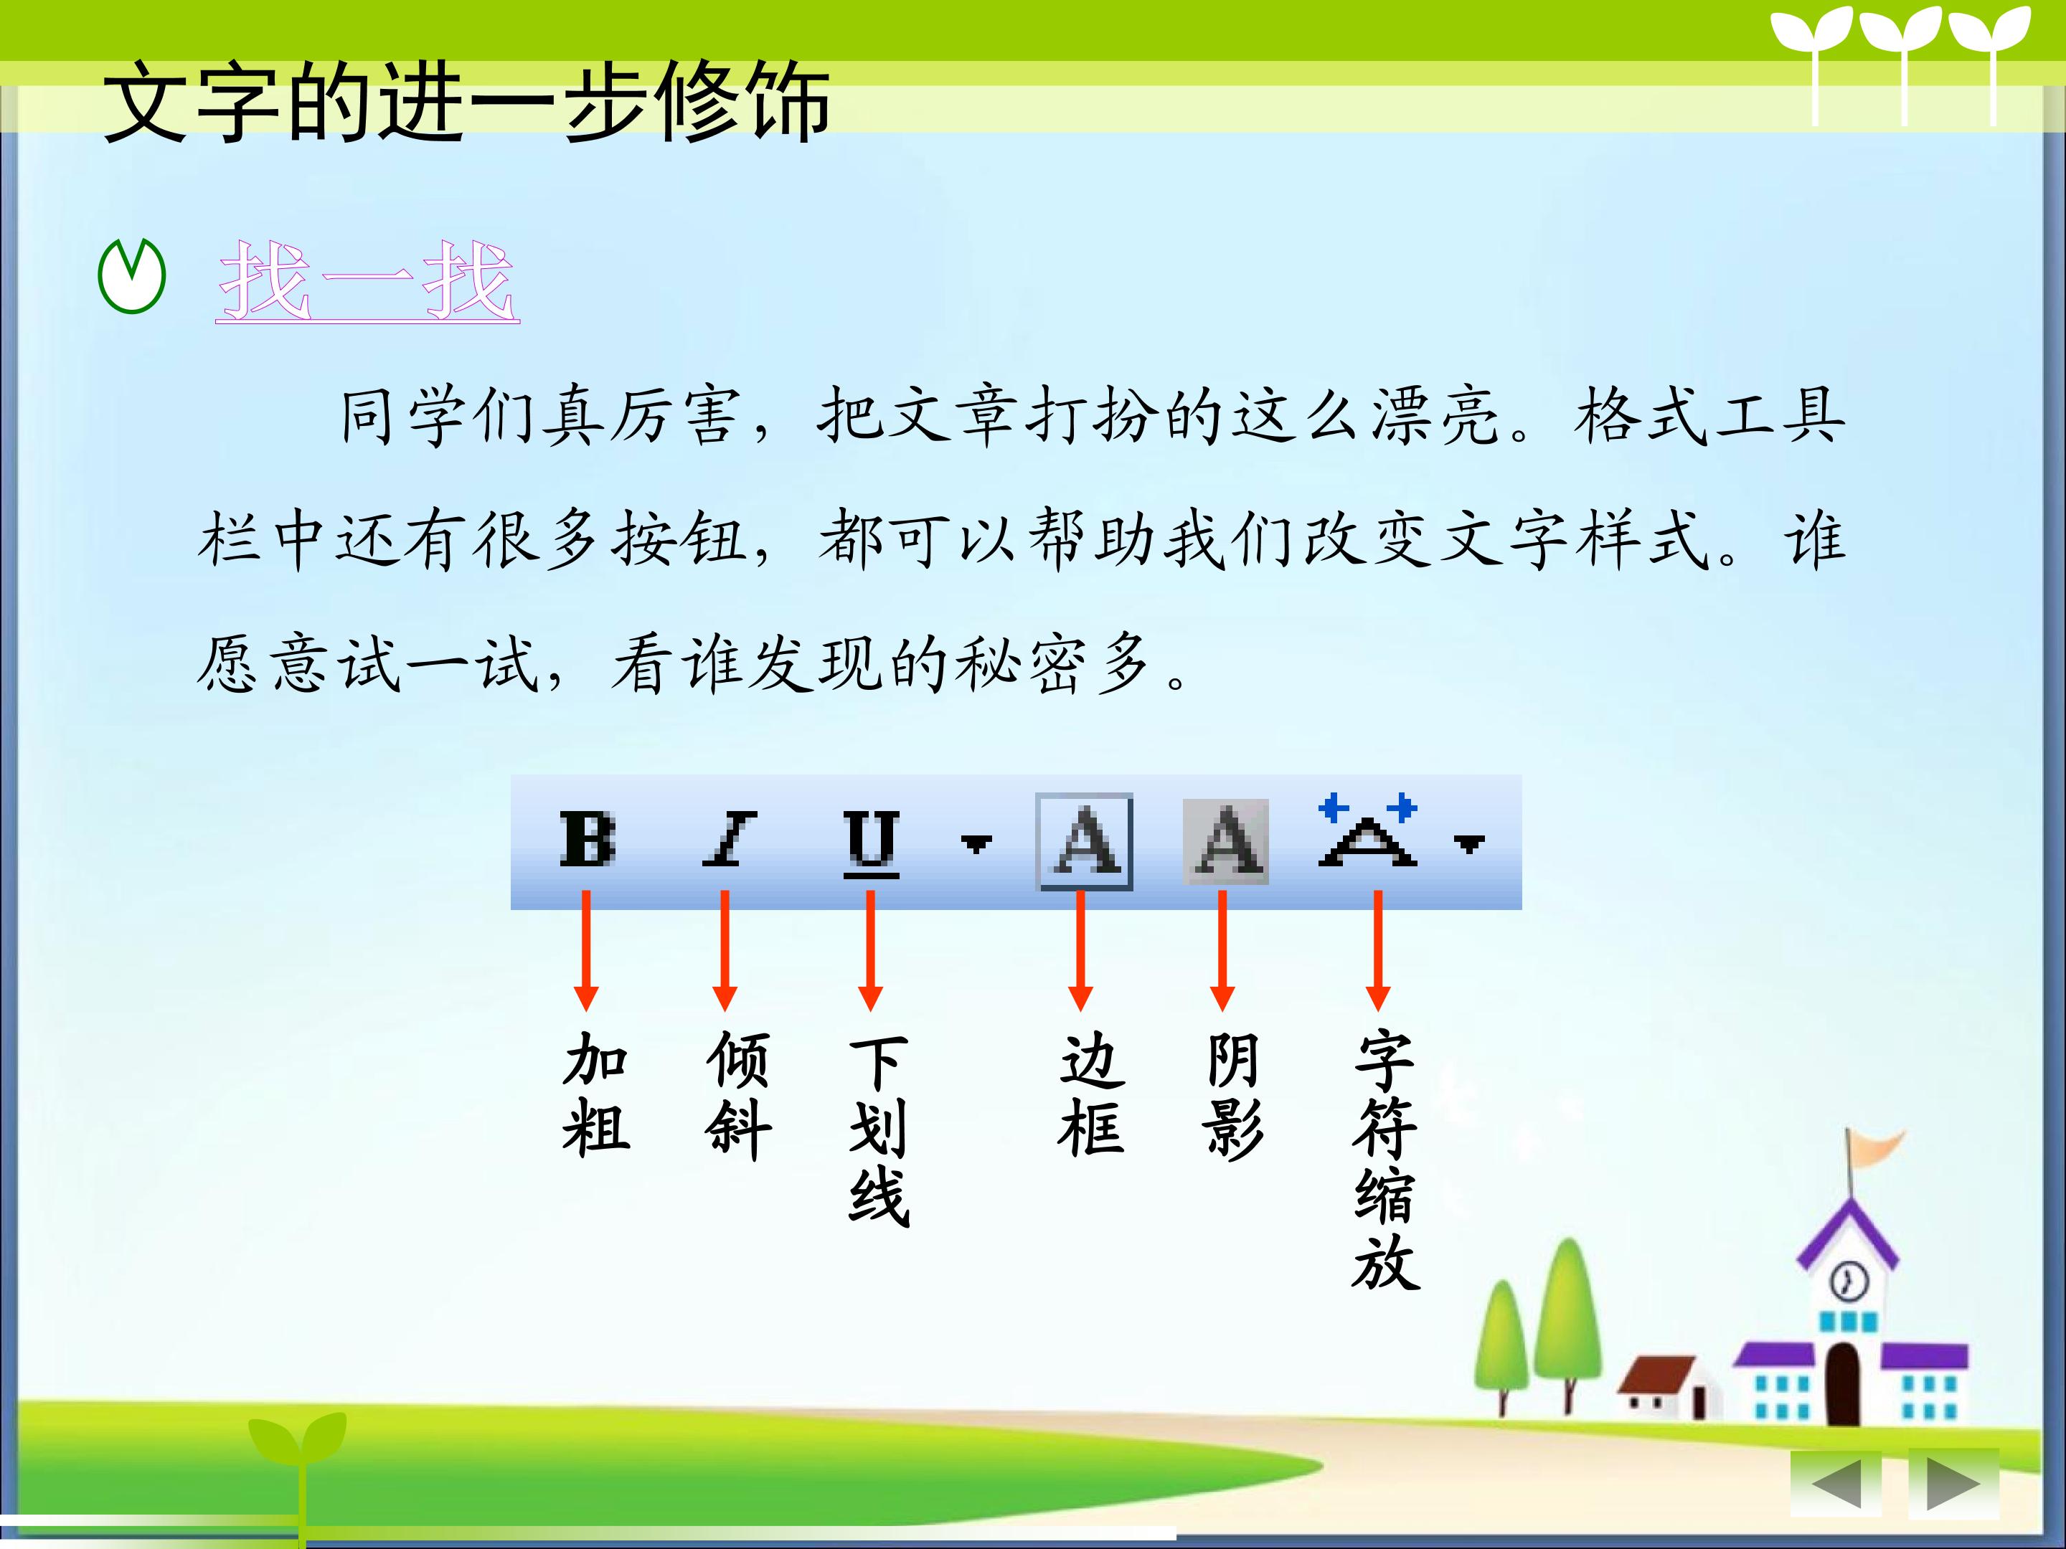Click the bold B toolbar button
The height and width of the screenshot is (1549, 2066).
pos(588,838)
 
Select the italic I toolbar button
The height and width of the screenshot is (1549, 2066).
pos(729,838)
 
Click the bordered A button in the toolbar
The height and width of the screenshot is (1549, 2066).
pos(1085,841)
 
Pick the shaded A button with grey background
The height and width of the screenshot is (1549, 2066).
pos(1225,841)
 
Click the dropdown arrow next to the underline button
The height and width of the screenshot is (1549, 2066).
pos(976,843)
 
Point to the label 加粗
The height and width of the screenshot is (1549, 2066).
pos(596,1094)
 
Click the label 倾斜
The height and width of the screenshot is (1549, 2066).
pos(738,1094)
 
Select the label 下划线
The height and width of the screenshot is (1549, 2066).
pos(879,1129)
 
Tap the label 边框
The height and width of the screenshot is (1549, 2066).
pos(1092,1094)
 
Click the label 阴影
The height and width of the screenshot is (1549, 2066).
pos(1233,1094)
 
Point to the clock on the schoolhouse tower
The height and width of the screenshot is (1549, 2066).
pos(1847,1280)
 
